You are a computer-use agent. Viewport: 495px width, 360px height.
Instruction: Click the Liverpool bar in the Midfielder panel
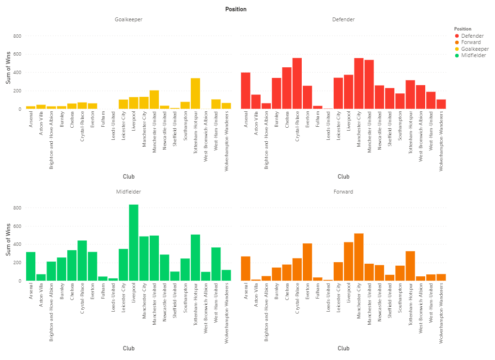click(134, 242)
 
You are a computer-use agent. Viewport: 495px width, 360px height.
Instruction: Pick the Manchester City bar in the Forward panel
click(359, 257)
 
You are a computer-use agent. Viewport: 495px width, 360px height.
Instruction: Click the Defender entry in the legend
click(472, 36)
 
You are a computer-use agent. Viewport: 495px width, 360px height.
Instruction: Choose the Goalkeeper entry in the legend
click(475, 49)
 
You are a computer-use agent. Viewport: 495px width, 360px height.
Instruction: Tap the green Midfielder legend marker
click(457, 56)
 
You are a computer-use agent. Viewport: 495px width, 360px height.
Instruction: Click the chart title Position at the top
click(235, 9)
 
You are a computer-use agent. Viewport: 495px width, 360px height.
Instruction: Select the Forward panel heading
click(343, 192)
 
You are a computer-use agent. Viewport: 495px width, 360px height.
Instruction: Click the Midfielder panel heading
click(128, 192)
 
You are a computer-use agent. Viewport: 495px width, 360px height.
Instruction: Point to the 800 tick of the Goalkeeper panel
click(17, 36)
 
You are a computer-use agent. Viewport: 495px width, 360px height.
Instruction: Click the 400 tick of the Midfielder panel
click(17, 244)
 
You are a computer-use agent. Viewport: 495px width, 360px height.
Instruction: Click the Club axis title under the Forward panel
click(343, 348)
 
